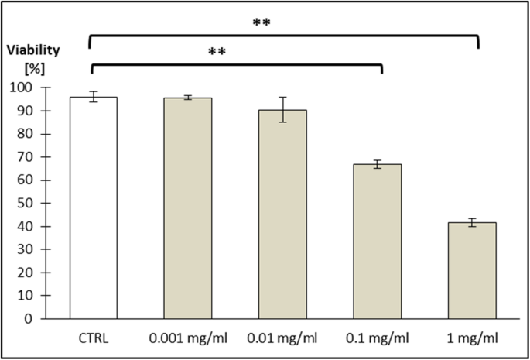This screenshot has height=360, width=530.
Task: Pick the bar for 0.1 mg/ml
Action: pos(378,241)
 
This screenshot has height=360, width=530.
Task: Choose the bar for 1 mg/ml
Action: pos(472,270)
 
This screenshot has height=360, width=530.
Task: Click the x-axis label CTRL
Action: pos(93,338)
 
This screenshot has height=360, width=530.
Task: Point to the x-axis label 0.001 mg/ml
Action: pos(188,338)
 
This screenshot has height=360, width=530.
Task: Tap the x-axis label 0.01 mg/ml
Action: pos(282,338)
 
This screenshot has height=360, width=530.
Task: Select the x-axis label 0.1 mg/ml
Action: pos(378,338)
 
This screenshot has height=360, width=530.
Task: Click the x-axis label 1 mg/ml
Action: pos(472,338)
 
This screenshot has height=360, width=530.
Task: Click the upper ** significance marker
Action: pos(263,23)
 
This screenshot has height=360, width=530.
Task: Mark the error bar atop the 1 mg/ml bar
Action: pos(472,223)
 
